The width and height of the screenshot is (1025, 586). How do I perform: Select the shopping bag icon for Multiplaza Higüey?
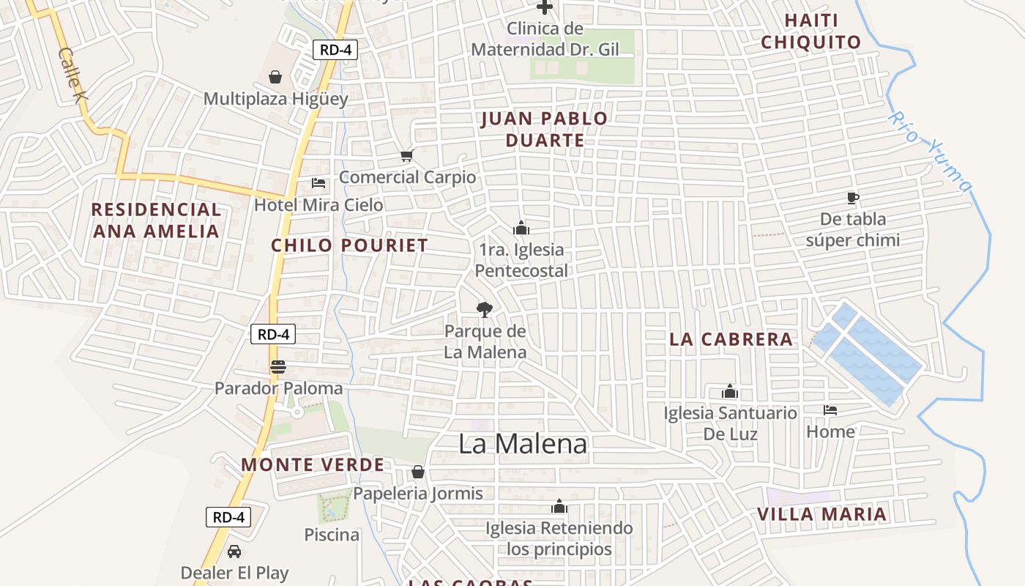275,77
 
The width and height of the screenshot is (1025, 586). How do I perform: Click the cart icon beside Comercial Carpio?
407,155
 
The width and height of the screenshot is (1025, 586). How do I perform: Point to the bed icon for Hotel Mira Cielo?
318,182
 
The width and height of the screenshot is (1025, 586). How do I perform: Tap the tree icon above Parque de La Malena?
484,309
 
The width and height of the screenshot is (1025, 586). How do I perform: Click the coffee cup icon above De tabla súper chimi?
852,197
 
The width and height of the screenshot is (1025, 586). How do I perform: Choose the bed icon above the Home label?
830,410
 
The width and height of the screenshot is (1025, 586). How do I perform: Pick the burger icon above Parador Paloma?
277,367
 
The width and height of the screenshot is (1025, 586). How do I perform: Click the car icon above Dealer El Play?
234,552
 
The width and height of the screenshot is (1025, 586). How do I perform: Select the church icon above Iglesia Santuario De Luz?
730,391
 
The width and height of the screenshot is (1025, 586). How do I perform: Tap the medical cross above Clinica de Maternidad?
545,7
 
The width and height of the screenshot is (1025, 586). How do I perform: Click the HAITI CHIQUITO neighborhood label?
811,31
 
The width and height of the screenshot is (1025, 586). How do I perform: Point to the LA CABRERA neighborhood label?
731,339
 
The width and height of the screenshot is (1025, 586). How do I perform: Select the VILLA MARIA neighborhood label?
821,514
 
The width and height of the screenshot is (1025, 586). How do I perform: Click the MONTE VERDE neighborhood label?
313,465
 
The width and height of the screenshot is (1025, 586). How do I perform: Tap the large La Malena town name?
523,444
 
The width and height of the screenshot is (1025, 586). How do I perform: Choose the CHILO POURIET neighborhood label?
349,245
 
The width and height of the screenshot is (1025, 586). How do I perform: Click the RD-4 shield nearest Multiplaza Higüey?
335,50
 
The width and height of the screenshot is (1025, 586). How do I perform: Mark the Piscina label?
332,535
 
